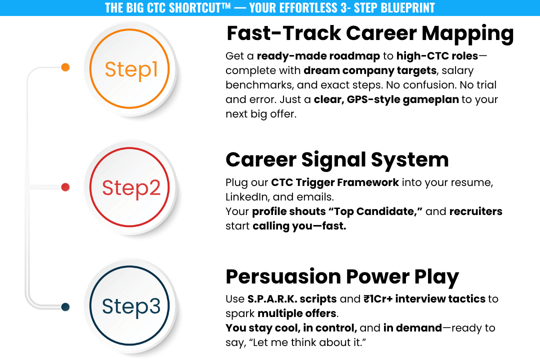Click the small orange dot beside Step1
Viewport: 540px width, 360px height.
pos(65,67)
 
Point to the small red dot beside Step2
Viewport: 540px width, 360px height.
pos(65,187)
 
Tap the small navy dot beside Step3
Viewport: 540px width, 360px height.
pos(65,306)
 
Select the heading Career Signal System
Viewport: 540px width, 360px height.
pos(337,160)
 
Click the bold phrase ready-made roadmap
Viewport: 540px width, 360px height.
pos(318,56)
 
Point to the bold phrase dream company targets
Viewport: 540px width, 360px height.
pos(370,70)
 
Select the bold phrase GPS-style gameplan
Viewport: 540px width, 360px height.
pos(403,99)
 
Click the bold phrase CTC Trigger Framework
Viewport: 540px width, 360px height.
pos(334,182)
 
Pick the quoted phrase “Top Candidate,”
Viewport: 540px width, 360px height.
pos(375,211)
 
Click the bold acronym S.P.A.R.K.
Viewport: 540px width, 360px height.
pos(272,299)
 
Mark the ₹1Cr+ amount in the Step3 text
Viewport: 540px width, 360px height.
pos(378,299)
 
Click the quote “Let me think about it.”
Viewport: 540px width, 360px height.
pos(307,342)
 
